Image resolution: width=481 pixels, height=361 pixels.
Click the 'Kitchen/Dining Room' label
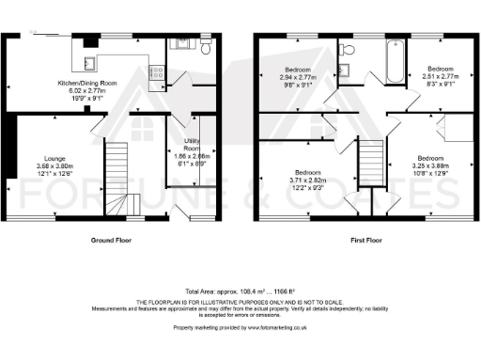[86, 83]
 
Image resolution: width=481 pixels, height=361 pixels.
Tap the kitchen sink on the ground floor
[90, 63]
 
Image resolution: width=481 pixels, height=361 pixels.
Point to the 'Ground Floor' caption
[109, 241]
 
